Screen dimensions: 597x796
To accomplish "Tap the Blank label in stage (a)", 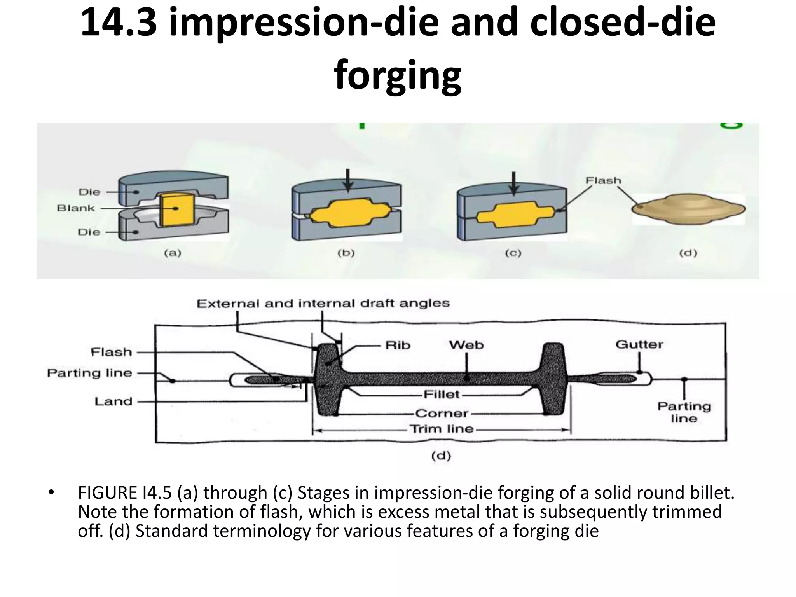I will point(76,208).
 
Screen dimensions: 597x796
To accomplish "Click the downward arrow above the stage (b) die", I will point(348,180).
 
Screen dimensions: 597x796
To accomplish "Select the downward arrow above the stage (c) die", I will point(514,183).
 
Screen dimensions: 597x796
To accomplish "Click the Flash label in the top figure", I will point(603,181).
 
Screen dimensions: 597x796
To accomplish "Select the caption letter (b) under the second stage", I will point(346,253).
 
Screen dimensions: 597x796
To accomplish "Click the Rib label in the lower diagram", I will point(398,345).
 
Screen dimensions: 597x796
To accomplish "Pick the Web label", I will point(466,345).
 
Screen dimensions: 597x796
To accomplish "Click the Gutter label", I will point(639,344).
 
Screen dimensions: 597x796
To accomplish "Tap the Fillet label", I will point(442,395).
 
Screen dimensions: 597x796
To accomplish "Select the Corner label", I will point(442,413).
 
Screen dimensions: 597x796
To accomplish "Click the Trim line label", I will point(442,429).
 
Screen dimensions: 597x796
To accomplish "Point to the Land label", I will point(113,401).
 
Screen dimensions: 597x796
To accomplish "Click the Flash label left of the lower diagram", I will point(112,352).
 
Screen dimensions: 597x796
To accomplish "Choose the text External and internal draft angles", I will point(323,304).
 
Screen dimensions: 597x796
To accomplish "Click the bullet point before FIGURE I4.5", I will point(51,493).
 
